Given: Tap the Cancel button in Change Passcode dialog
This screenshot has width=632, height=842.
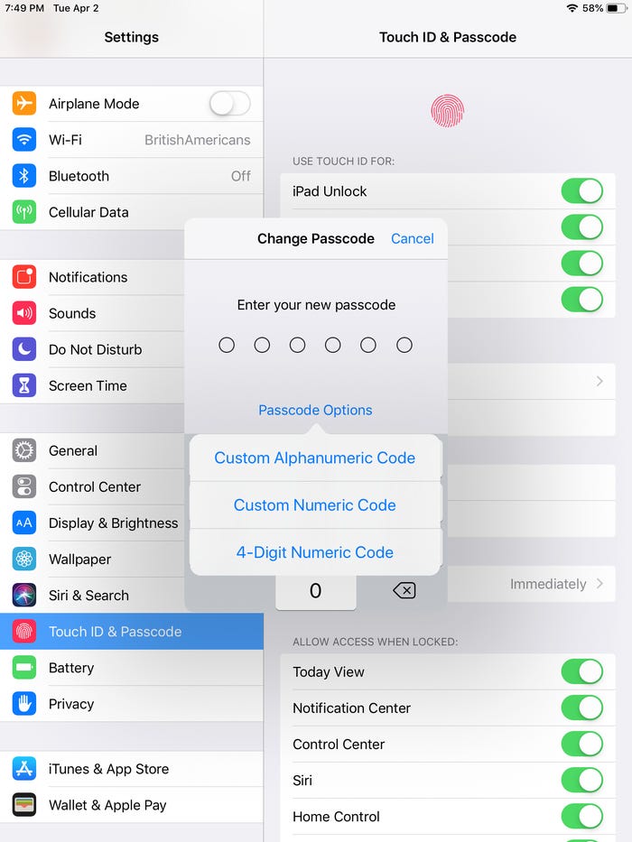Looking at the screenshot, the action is [x=413, y=238].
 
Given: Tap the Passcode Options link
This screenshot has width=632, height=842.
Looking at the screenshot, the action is [x=315, y=411].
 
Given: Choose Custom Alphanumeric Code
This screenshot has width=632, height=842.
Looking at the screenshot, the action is [x=315, y=458].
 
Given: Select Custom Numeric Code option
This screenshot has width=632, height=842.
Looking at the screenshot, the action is [x=315, y=505].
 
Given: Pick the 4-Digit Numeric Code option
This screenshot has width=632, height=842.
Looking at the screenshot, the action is [x=315, y=552].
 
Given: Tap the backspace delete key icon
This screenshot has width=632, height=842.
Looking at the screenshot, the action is [x=404, y=591].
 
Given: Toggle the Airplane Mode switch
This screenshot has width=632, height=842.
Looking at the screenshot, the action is [x=230, y=104].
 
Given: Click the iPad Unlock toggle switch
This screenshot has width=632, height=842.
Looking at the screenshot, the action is [x=582, y=191].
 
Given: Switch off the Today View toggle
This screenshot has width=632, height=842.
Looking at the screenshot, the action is [x=582, y=671].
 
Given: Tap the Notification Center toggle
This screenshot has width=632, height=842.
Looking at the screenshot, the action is [x=582, y=708].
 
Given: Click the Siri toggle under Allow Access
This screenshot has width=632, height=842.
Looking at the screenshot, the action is [x=582, y=781].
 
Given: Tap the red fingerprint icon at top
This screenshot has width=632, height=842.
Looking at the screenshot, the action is [x=447, y=111].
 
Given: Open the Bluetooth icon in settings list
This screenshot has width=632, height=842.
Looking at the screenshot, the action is [x=24, y=176].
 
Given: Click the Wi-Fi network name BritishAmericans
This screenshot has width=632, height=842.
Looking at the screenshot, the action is [x=197, y=140].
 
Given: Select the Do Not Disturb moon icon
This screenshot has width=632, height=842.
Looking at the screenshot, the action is [x=24, y=349].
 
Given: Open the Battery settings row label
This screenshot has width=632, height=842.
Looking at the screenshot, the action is [x=71, y=668].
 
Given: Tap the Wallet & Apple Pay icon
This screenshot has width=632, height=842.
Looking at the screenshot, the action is [x=24, y=805].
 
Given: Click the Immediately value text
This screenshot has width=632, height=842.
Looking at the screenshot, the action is [x=548, y=584].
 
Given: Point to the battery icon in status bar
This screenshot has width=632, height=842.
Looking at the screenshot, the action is [x=616, y=8].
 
